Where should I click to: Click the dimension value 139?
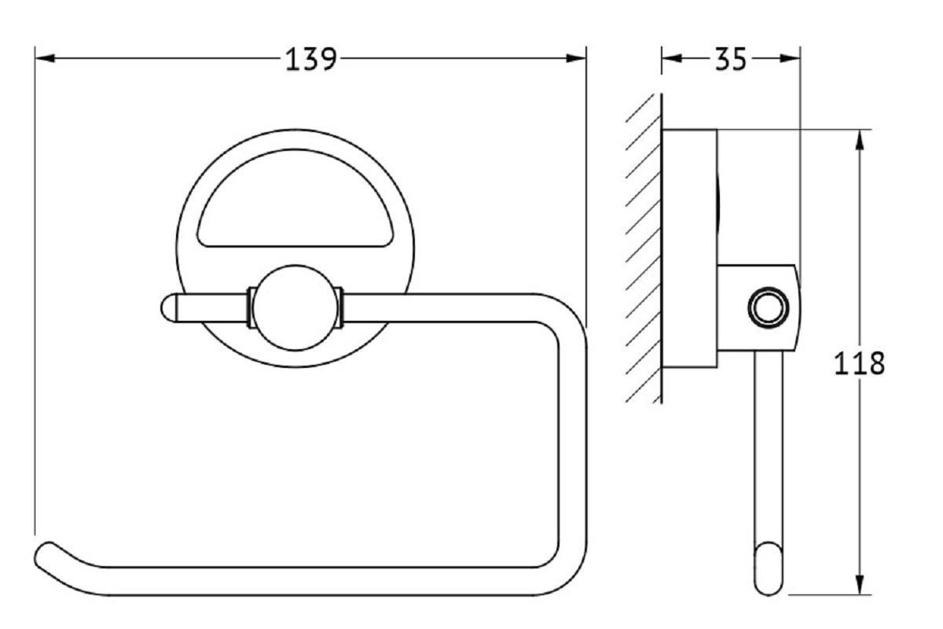pyautogui.click(x=311, y=59)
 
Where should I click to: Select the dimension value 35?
pyautogui.click(x=731, y=59)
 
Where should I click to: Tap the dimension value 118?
pyautogui.click(x=860, y=363)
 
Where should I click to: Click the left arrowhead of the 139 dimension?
pyautogui.click(x=45, y=58)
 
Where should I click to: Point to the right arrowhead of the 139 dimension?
pyautogui.click(x=576, y=58)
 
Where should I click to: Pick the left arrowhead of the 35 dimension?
pyautogui.click(x=672, y=58)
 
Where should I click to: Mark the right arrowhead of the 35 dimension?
pyautogui.click(x=791, y=58)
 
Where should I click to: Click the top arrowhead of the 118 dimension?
pyautogui.click(x=860, y=140)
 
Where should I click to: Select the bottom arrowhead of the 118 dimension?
pyautogui.click(x=860, y=585)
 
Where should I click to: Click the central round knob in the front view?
pyautogui.click(x=295, y=308)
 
